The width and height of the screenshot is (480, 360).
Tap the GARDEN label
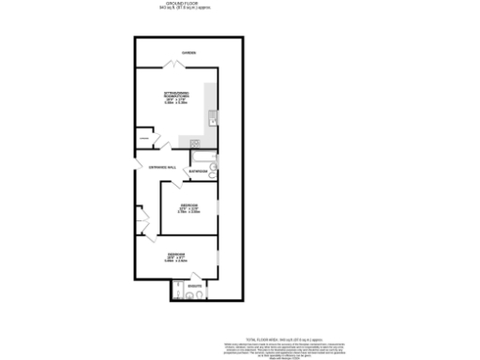click(x=189, y=52)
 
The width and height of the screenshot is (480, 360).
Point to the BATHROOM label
click(x=197, y=172)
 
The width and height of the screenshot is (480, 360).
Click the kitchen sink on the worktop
click(x=213, y=117)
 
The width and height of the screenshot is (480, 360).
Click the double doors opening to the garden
click(x=172, y=64)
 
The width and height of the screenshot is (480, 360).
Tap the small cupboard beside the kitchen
click(x=144, y=140)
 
